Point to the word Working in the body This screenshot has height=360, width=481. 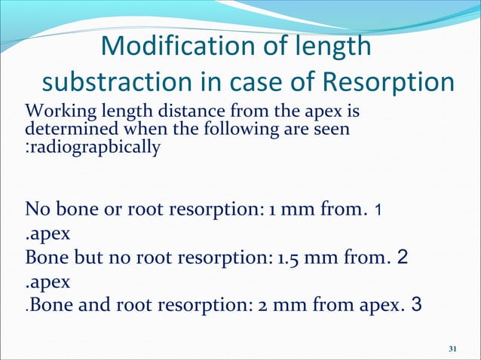point(56,113)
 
